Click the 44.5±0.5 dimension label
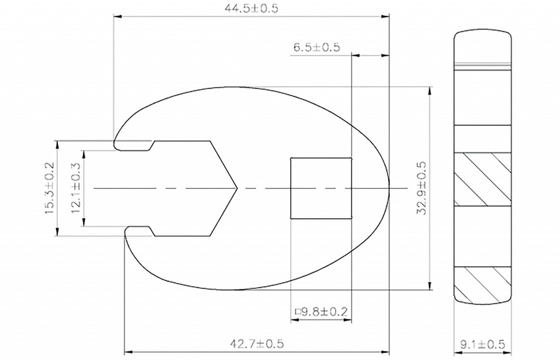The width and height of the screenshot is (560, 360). (251, 8)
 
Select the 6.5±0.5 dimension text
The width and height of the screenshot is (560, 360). (317, 47)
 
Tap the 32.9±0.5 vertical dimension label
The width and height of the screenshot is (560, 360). (422, 188)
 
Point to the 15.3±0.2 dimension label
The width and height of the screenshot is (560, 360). (49, 188)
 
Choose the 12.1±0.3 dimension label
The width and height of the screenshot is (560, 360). (76, 188)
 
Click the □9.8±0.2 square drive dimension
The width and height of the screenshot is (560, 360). (321, 312)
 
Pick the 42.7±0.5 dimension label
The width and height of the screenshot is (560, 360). (257, 344)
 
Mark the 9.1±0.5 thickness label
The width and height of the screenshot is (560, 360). (482, 345)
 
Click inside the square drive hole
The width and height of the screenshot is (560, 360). (320, 188)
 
